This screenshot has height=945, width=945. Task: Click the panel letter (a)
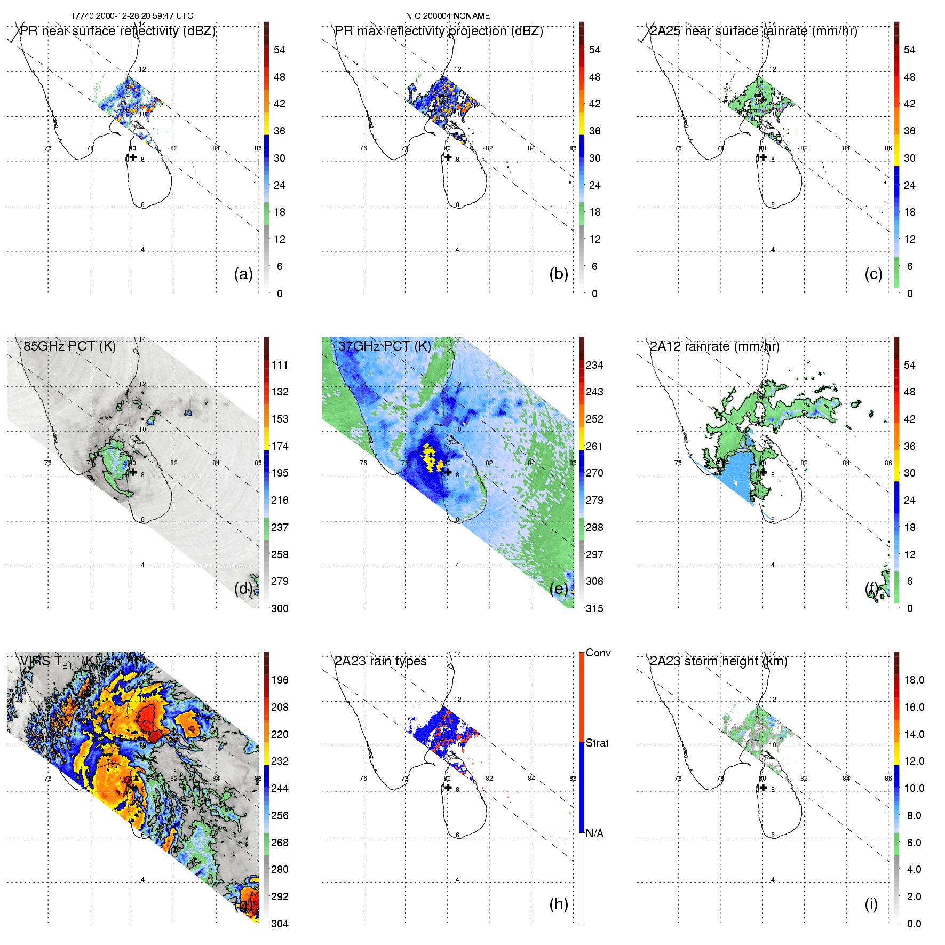click(x=243, y=274)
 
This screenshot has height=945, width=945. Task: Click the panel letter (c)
click(x=873, y=274)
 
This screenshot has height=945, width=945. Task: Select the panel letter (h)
click(x=559, y=904)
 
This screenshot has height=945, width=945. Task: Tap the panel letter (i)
click(x=871, y=904)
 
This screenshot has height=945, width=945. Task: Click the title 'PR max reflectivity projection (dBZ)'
click(x=439, y=31)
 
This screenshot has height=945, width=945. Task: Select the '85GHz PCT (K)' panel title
click(x=69, y=346)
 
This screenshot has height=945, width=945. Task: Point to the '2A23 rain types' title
click(x=380, y=661)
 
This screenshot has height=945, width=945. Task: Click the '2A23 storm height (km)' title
click(x=718, y=661)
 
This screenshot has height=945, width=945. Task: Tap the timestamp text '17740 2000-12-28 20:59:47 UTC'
click(x=132, y=16)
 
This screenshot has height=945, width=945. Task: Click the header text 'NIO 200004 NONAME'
click(x=448, y=16)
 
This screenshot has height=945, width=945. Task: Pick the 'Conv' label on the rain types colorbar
click(x=598, y=653)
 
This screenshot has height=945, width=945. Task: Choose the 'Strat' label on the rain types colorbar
click(x=597, y=743)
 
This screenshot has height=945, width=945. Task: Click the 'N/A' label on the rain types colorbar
click(x=594, y=833)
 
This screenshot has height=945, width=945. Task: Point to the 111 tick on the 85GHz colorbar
click(x=280, y=365)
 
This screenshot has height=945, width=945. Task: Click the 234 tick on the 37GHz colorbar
click(x=594, y=365)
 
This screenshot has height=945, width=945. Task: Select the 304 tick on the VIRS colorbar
click(x=280, y=924)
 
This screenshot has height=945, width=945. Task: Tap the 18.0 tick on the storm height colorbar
click(x=914, y=680)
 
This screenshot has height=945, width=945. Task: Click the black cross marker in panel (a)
click(x=133, y=157)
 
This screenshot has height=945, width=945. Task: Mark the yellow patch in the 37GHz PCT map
click(x=430, y=458)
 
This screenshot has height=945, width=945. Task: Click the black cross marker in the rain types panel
click(x=448, y=787)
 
